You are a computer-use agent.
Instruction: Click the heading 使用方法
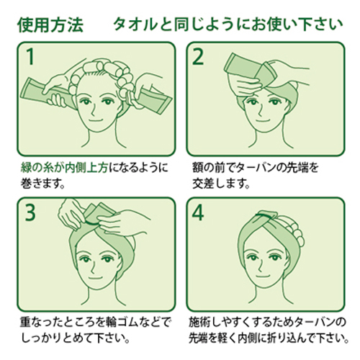click(50, 24)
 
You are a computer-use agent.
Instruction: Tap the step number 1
click(30, 56)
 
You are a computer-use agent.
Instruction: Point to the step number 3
click(30, 212)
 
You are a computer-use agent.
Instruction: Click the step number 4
click(198, 212)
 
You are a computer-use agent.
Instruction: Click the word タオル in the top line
click(136, 24)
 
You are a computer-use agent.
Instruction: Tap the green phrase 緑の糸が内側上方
click(64, 168)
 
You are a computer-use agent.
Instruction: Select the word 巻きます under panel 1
click(40, 184)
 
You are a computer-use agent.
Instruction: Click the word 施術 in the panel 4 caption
click(199, 322)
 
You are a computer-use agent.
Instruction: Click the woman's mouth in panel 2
click(262, 120)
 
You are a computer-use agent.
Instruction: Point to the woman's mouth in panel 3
click(94, 278)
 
